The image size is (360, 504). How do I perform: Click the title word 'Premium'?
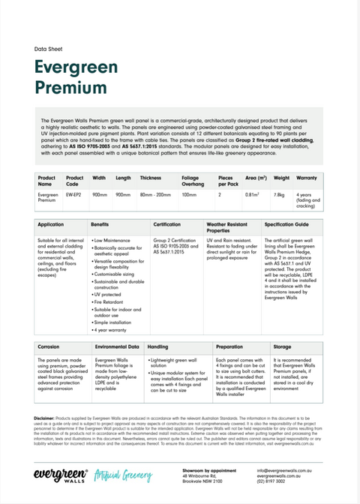pos(70,88)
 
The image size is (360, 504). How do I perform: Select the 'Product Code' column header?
pos(75,181)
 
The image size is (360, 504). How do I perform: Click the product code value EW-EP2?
pos(73,194)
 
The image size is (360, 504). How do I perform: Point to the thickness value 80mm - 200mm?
pos(154,194)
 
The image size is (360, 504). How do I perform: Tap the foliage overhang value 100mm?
pos(188,194)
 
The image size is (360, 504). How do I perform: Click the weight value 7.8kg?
pos(279,194)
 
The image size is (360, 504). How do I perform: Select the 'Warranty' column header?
pos(307,178)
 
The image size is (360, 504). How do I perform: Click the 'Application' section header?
pos(50,224)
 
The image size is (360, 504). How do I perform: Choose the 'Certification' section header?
pos(166,224)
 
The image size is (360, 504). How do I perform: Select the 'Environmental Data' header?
pos(118,347)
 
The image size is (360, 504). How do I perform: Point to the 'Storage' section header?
pos(283,347)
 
